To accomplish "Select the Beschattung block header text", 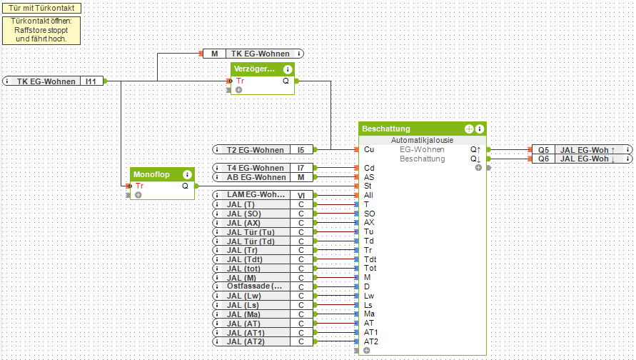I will click(x=386, y=129).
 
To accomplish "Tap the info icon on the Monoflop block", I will click(x=187, y=174).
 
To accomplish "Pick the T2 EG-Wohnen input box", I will click(x=254, y=150).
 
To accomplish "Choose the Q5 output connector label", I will click(x=544, y=150).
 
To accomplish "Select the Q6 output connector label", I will click(x=544, y=159).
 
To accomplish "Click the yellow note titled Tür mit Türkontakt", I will click(x=40, y=8).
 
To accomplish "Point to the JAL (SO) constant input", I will click(x=254, y=214).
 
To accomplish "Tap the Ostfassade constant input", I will click(x=254, y=286).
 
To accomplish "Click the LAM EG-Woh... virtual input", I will click(x=254, y=195).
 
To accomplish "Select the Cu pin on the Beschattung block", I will click(x=368, y=150).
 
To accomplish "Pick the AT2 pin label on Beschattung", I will click(x=371, y=341).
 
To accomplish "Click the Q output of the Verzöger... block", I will click(x=286, y=81).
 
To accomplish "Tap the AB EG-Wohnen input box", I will click(x=254, y=177).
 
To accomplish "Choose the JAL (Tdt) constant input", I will click(x=254, y=259).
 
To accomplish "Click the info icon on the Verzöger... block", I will click(x=288, y=69).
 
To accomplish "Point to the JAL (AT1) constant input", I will click(x=254, y=332).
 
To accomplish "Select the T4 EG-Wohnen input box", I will click(x=254, y=168).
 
